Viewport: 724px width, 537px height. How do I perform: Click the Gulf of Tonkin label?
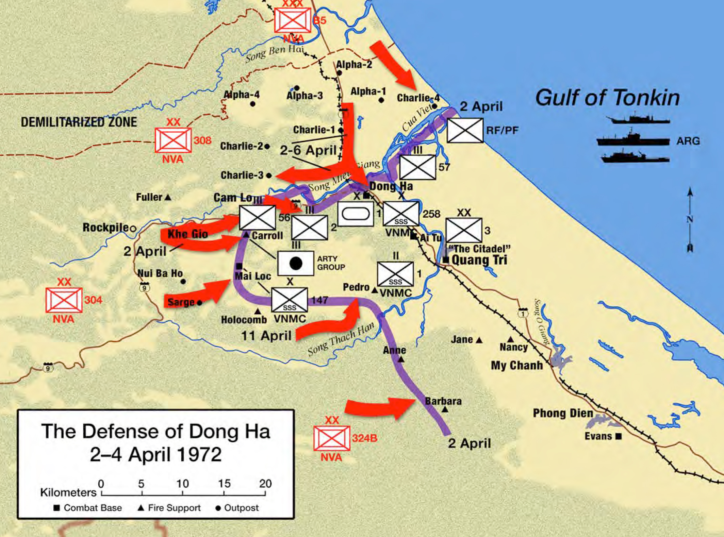pyautogui.click(x=607, y=98)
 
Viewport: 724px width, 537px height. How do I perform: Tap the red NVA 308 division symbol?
pyautogui.click(x=173, y=140)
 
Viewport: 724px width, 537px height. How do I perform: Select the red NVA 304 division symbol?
pyautogui.click(x=64, y=300)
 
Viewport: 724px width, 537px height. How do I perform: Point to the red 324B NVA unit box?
pyautogui.click(x=332, y=438)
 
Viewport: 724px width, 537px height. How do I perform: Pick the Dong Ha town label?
pyautogui.click(x=391, y=186)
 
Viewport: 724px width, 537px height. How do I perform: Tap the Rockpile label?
pyautogui.click(x=105, y=227)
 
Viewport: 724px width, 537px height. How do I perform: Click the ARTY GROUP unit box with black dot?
pyautogui.click(x=295, y=263)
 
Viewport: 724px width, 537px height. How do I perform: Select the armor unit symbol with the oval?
pyautogui.click(x=356, y=214)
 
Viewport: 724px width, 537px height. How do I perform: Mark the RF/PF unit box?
pyautogui.click(x=465, y=130)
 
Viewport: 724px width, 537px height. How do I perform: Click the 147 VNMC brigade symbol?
pyautogui.click(x=289, y=300)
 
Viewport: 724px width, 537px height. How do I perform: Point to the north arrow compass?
pyautogui.click(x=690, y=219)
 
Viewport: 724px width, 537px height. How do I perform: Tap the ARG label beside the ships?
pyautogui.click(x=688, y=141)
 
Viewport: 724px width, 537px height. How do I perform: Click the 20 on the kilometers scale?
pyautogui.click(x=265, y=483)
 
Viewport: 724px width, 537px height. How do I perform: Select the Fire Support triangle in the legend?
pyautogui.click(x=141, y=508)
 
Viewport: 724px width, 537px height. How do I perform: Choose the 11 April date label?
pyautogui.click(x=266, y=336)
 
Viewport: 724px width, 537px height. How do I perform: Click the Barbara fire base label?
pyautogui.click(x=443, y=401)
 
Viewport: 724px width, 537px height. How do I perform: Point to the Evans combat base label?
pyautogui.click(x=598, y=436)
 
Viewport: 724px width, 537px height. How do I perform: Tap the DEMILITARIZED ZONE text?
pyautogui.click(x=79, y=122)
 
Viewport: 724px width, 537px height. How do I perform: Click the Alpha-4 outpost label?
pyautogui.click(x=242, y=95)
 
